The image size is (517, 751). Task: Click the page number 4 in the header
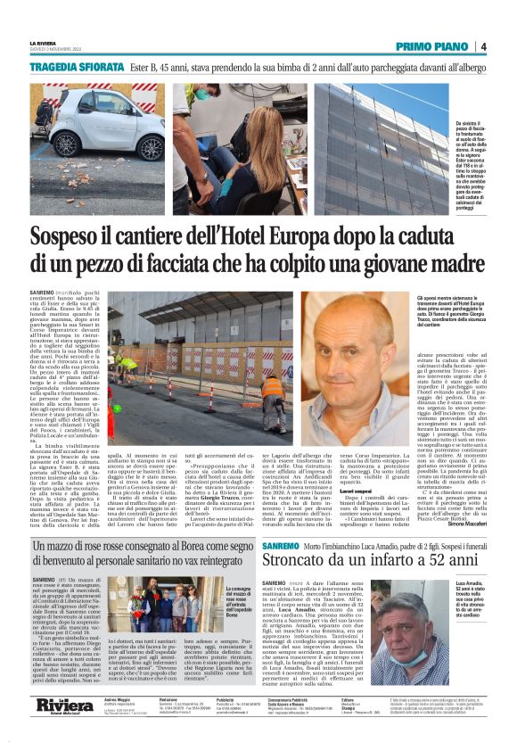pos(481,46)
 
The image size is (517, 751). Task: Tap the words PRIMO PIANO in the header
pos(432,46)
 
